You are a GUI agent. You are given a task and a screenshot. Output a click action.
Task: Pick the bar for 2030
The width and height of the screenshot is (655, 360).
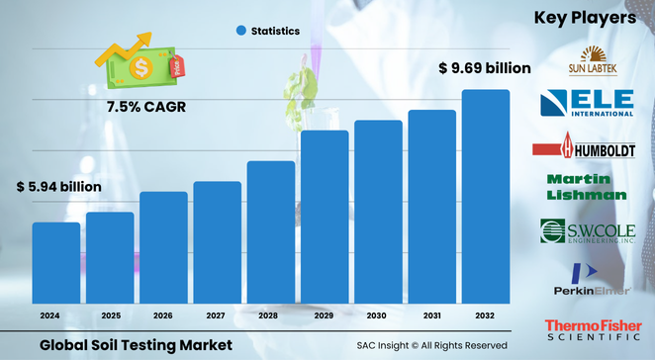tap(379, 212)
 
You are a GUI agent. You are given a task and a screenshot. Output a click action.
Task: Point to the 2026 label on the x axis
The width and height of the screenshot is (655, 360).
tap(163, 315)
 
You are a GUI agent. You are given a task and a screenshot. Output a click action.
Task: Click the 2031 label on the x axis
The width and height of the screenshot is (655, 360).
tap(432, 315)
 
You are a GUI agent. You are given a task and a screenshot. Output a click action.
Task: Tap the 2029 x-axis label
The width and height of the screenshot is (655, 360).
tap(325, 315)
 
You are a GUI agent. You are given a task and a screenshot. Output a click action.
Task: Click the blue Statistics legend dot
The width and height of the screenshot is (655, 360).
tap(240, 31)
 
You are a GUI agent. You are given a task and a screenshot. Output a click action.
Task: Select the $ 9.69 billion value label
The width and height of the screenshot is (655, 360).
tap(485, 68)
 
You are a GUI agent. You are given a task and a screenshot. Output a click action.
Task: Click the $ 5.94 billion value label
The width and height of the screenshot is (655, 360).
tap(58, 186)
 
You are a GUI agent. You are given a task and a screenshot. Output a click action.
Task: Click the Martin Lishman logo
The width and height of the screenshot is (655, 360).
tap(586, 187)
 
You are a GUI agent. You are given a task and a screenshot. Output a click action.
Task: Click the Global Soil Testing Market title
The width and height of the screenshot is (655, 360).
tap(137, 344)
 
